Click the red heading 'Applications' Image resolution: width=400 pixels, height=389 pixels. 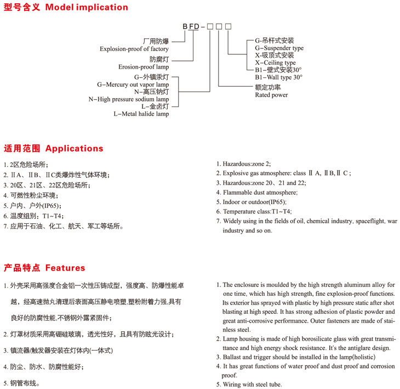coord(74,148)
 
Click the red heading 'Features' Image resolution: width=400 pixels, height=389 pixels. coord(65,268)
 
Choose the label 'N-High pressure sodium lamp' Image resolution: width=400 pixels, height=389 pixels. coord(129,99)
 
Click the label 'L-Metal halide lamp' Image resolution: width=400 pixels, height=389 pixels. coord(141,114)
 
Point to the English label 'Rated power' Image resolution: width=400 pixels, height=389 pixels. coord(271,95)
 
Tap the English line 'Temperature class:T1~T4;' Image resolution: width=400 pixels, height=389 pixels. coord(257,212)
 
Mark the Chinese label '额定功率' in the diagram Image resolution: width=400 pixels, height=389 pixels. coord(267,87)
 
